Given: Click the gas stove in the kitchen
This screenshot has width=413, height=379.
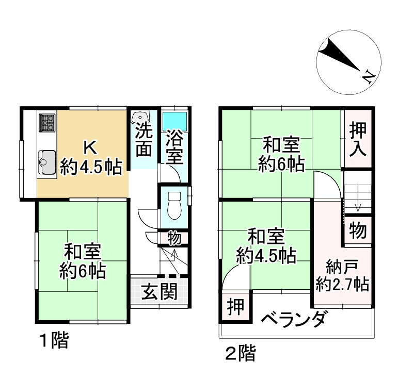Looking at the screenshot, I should tap(47, 123).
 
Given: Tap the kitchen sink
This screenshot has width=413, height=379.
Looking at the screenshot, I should tap(47, 161).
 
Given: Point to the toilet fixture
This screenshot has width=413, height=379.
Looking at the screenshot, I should tap(174, 205).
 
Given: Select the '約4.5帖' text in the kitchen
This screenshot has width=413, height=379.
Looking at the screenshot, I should tap(91, 166).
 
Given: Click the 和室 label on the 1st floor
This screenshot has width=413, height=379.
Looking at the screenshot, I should tap(83, 252).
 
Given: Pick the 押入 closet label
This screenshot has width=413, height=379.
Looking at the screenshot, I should tap(357, 139).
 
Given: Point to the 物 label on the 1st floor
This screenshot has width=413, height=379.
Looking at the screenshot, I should tap(174, 238).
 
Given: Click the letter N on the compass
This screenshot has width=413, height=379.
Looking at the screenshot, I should tap(367, 77).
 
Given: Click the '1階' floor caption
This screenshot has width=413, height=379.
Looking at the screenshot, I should tap(54, 341).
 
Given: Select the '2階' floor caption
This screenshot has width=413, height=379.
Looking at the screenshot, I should tap(240, 354).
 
